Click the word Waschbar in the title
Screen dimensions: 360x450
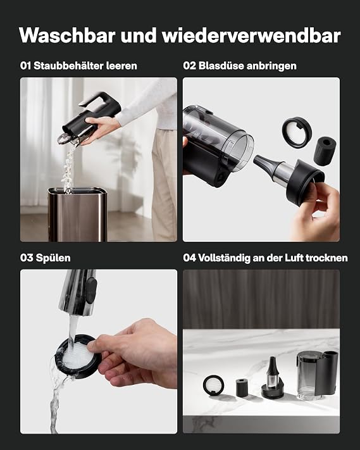click(68, 35)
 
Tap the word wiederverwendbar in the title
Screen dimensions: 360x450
click(251, 35)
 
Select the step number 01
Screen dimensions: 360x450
click(25, 66)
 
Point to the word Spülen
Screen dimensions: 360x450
click(53, 258)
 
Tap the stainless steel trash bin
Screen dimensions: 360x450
click(77, 214)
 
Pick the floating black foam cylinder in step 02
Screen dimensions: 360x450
click(325, 151)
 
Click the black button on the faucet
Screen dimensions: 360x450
click(91, 290)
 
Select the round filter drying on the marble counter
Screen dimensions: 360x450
click(214, 385)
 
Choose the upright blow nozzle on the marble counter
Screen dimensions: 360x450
click(272, 378)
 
